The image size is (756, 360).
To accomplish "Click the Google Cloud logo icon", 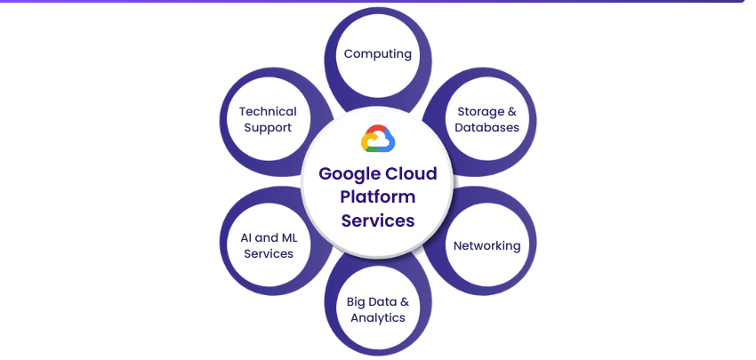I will tap(378, 140).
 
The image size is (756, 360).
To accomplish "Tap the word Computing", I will tap(378, 53).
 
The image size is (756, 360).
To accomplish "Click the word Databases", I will tap(487, 127).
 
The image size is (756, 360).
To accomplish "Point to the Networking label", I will tap(487, 245).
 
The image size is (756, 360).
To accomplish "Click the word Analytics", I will tap(378, 317).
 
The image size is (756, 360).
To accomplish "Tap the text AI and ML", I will tap(268, 238).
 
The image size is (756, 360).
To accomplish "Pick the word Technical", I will tap(268, 112).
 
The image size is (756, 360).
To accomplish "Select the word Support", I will tap(268, 127).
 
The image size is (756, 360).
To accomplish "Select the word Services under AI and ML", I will tap(268, 253).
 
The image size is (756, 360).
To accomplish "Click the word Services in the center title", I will tap(378, 220).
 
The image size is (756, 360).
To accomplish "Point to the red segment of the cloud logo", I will tap(376, 131).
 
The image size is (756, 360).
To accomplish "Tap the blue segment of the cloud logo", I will tap(390, 142).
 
